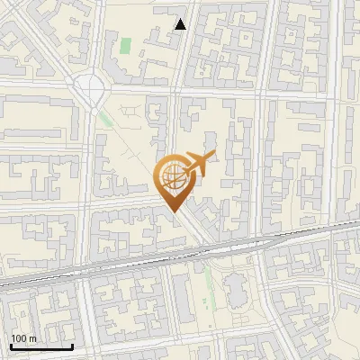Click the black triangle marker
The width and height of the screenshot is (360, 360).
coord(181,24)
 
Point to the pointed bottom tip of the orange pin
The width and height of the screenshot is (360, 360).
coord(172,212)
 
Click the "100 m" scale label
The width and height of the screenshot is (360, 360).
coord(23,337)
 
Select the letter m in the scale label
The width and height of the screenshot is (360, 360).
coord(32,337)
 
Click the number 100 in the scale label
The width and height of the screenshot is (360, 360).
coord(19,337)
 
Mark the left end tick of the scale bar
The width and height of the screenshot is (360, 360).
coord(10,346)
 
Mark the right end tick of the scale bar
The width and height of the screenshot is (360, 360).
coord(72,346)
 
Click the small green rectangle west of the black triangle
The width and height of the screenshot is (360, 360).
coord(125,43)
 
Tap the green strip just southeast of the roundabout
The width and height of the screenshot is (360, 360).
coord(106,118)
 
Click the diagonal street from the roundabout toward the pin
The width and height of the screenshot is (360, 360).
coord(135,144)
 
